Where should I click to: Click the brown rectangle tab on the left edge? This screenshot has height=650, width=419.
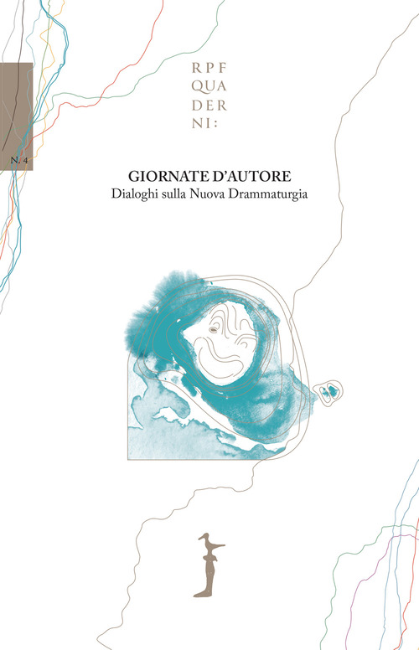(x=17, y=117)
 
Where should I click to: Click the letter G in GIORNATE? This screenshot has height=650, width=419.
(x=132, y=178)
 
